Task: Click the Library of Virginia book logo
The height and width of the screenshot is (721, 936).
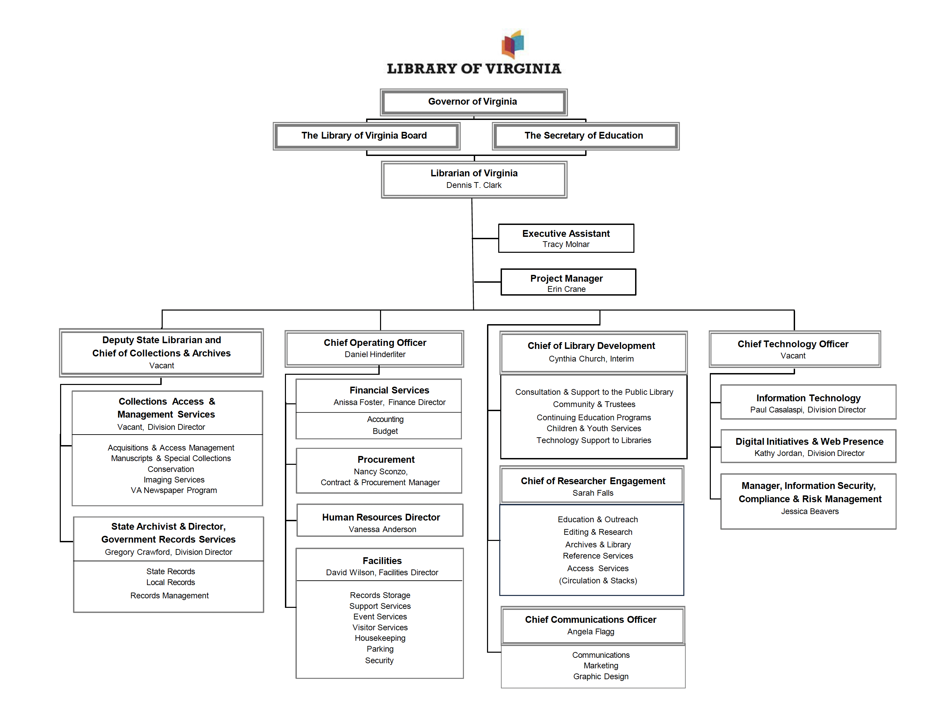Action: tap(512, 44)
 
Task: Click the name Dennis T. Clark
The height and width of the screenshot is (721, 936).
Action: tap(473, 185)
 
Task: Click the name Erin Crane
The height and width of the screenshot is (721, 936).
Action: tap(566, 289)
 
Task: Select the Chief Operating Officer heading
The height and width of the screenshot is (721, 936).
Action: tap(375, 342)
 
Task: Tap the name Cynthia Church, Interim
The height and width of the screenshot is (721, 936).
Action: tap(591, 359)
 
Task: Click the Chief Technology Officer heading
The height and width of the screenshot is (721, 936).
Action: tap(793, 344)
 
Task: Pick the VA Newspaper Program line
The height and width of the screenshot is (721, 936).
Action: tap(174, 490)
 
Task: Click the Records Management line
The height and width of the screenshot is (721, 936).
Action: tap(170, 596)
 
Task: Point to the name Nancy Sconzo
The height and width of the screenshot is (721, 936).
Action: tap(380, 472)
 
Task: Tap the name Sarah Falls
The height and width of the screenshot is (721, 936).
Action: tap(593, 493)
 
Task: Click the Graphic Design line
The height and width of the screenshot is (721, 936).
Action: tap(601, 677)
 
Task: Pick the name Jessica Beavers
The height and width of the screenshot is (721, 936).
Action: tap(810, 511)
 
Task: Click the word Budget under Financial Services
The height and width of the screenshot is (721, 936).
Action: tap(385, 431)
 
